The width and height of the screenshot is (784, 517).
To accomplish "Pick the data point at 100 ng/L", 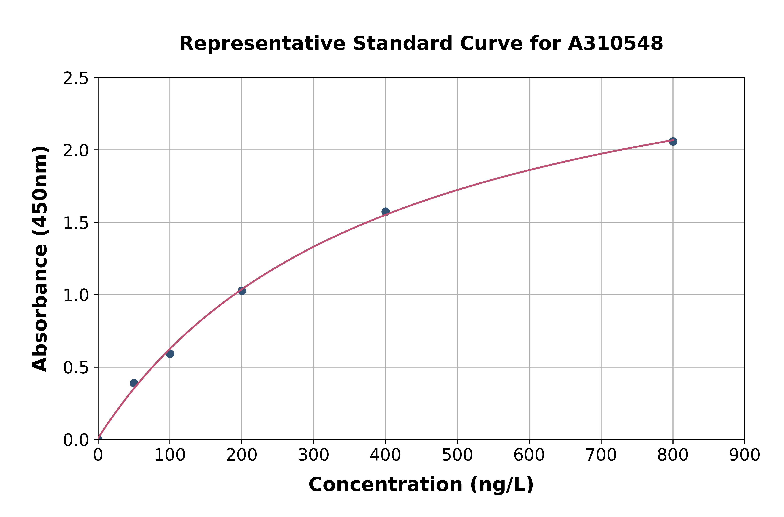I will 170,354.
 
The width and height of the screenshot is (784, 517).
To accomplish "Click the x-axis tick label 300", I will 313,455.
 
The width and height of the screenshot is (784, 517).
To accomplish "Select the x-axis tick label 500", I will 457,455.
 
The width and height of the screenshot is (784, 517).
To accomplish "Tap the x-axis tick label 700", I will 601,455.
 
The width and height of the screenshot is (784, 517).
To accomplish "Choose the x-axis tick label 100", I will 170,455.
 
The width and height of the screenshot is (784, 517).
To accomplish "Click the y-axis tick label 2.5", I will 76,79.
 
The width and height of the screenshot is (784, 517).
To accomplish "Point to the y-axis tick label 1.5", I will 76,223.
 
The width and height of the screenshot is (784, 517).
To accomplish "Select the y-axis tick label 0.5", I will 76,367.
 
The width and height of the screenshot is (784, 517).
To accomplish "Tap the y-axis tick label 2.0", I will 76,151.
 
